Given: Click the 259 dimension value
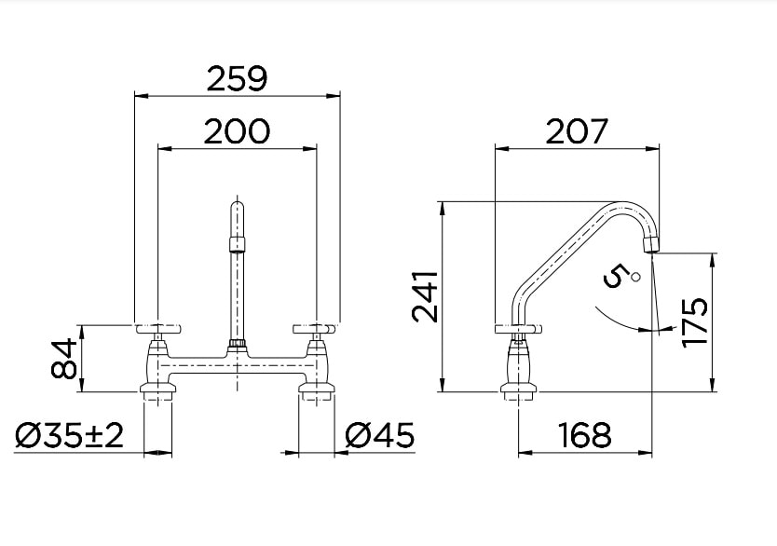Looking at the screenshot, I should [x=237, y=79].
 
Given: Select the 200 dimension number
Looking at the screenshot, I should [x=237, y=131].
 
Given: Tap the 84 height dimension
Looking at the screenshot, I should [x=63, y=359].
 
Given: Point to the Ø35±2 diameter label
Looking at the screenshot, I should [x=70, y=435].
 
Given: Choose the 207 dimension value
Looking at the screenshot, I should [x=576, y=131].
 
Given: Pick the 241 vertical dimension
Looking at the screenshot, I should [x=425, y=296].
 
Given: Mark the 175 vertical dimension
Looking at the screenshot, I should [x=695, y=321].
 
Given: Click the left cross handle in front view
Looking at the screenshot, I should [x=159, y=328].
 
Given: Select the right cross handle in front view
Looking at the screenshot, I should [x=315, y=328].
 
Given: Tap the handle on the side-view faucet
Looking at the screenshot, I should [x=515, y=328].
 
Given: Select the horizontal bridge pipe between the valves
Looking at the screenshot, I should [x=238, y=363].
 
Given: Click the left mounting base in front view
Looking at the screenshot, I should [x=158, y=389].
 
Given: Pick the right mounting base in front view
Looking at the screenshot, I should [x=316, y=389].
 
